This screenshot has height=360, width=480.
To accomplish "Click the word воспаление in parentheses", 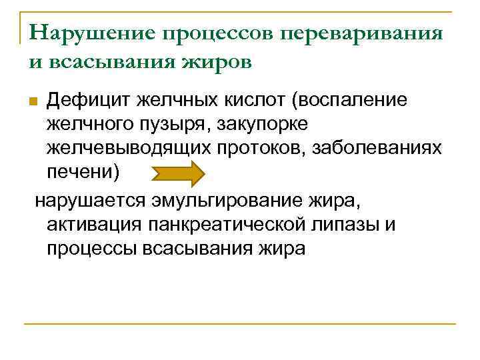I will pos(359,101).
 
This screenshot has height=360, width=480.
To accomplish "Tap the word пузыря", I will pos(172,125).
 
